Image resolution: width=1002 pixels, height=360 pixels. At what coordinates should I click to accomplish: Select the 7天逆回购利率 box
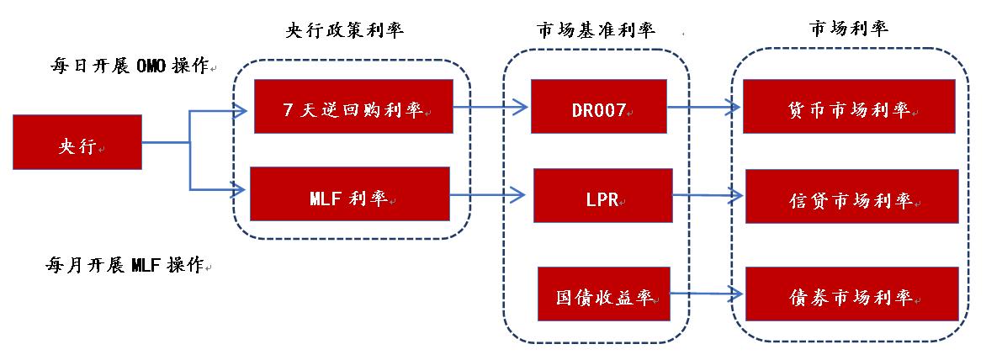click(x=353, y=106)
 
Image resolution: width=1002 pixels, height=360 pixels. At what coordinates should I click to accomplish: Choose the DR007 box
click(x=599, y=107)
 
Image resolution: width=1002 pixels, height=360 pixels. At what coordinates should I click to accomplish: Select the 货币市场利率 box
click(x=850, y=107)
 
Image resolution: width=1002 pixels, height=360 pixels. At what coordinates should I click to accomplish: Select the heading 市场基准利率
click(x=595, y=30)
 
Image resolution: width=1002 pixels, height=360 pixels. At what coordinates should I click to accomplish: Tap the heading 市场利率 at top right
click(x=849, y=29)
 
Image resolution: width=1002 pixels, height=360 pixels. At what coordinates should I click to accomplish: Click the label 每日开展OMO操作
click(x=129, y=66)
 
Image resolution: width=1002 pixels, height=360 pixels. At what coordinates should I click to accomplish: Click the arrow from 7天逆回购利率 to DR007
click(x=492, y=107)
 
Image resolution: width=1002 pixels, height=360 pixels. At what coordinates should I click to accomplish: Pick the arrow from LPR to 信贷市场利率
click(x=707, y=195)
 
